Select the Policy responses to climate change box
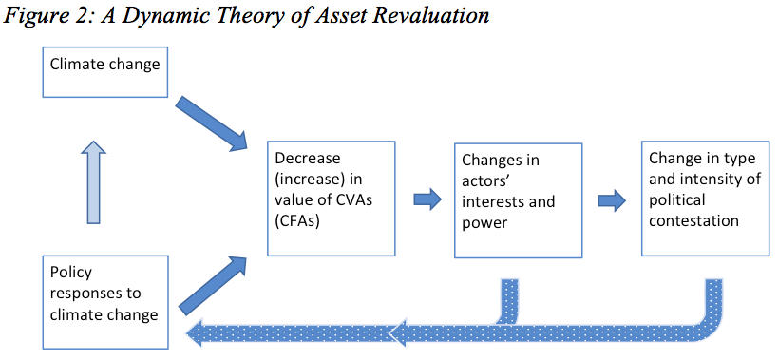click(104, 299)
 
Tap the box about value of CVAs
click(331, 199)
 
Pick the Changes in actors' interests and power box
click(518, 199)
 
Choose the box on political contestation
click(704, 199)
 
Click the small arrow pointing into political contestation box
click(612, 200)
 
